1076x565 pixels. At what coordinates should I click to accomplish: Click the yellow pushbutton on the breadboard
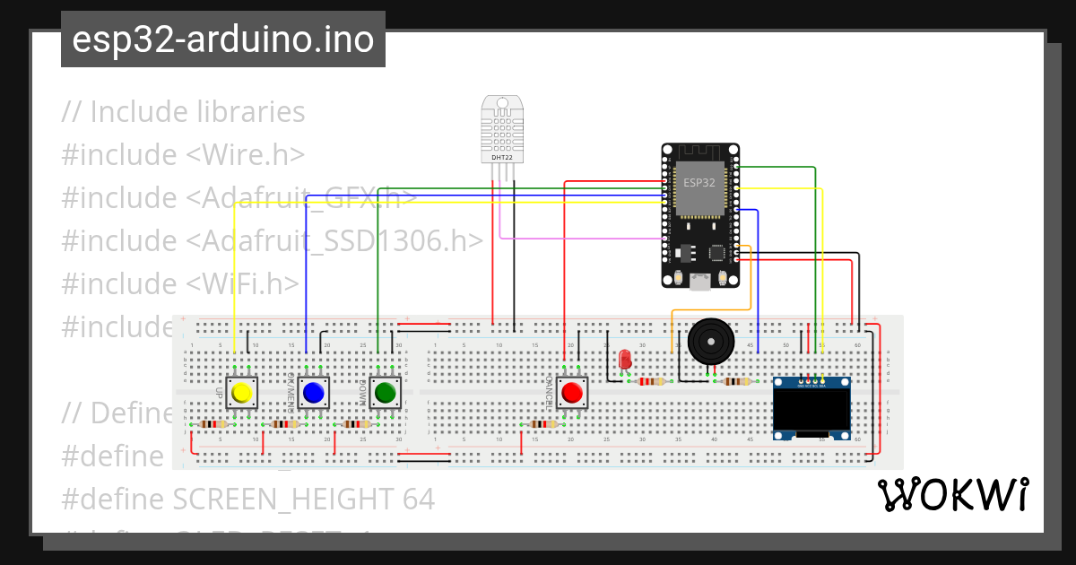241,393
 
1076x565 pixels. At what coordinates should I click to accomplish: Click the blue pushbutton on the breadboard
313,393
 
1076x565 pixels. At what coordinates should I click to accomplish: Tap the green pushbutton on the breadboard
386,393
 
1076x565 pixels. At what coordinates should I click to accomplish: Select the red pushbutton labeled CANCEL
571,392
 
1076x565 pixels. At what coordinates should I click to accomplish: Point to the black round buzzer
710,342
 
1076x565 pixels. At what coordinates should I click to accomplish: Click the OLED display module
812,409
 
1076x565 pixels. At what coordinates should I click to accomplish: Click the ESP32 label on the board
699,182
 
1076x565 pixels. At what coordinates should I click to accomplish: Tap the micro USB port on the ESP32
700,282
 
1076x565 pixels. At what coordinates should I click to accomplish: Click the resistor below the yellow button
213,424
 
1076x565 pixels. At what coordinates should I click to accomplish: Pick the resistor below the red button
542,424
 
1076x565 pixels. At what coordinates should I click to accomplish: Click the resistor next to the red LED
652,381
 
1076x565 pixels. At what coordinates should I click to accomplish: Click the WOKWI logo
952,494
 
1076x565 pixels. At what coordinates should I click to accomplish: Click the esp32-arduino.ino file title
223,39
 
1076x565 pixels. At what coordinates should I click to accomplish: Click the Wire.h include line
183,154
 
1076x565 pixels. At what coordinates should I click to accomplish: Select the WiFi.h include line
180,283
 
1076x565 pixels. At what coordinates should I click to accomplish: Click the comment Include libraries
184,112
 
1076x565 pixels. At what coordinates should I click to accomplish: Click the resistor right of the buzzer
736,381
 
